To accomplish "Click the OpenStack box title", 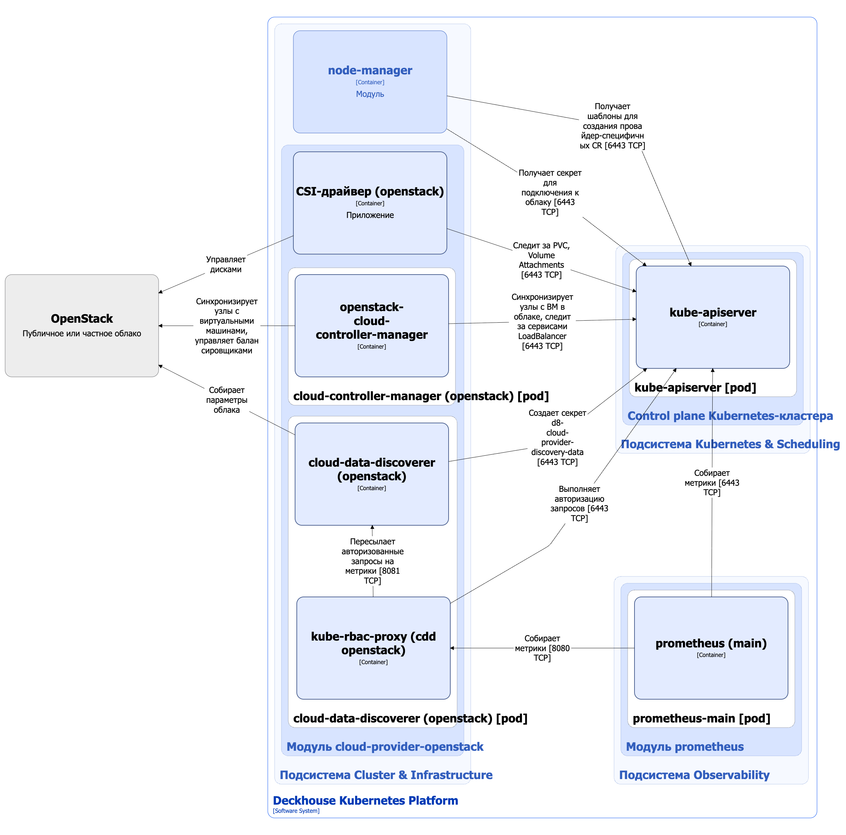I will point(82,318).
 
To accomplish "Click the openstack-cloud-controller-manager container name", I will point(371,321).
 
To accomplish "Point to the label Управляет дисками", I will point(225,264).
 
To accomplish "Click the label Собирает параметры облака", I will point(227,399).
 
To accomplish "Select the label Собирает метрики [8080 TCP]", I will point(542,648).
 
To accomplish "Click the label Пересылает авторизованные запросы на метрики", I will point(372,560).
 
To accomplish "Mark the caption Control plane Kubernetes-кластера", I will point(730,415).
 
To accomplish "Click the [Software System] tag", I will point(296,810).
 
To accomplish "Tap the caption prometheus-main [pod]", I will point(701,718).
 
